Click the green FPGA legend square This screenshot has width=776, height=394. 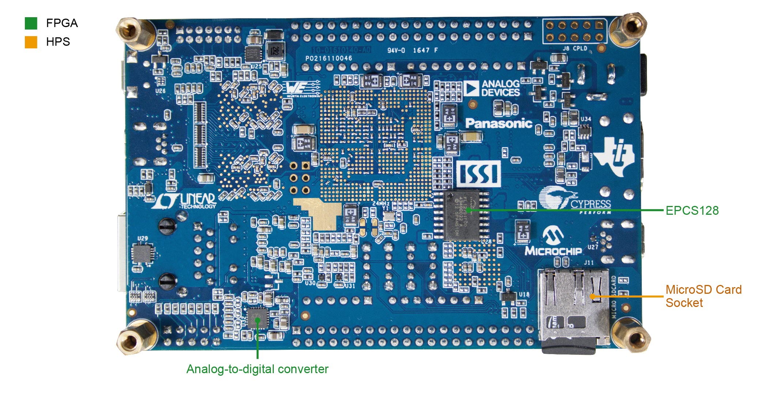tap(31, 23)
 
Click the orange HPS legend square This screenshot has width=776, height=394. tap(31, 42)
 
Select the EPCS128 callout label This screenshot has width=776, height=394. tap(692, 210)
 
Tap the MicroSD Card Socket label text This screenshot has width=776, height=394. tap(703, 296)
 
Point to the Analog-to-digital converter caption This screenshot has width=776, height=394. tap(257, 369)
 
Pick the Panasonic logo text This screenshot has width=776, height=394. tap(499, 123)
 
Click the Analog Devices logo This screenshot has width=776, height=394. tap(492, 88)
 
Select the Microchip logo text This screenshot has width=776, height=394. tap(553, 251)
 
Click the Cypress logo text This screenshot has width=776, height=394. tap(590, 204)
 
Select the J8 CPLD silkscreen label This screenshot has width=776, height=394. tap(575, 48)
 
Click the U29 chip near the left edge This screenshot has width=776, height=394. tap(143, 253)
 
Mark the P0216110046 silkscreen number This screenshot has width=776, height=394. tap(329, 58)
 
